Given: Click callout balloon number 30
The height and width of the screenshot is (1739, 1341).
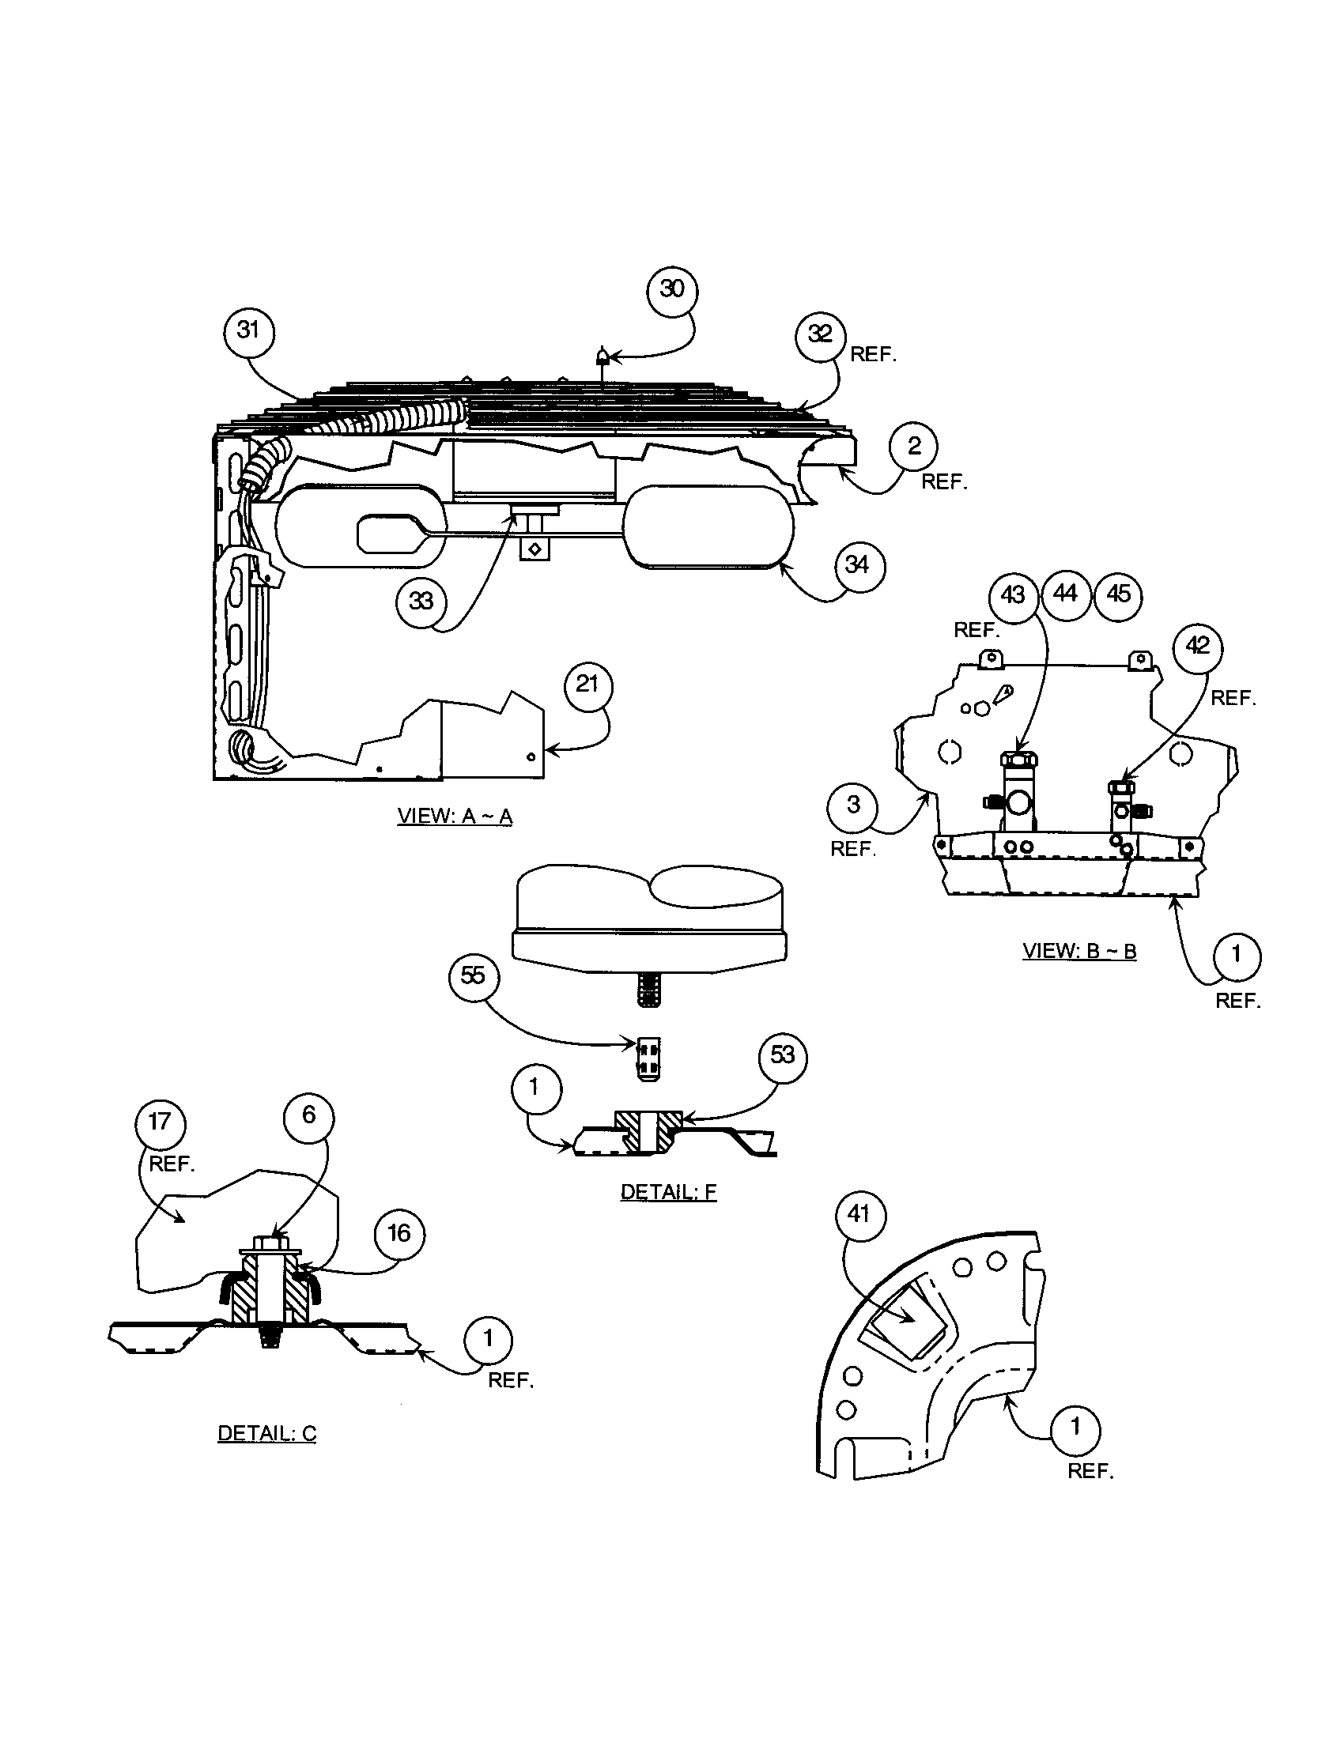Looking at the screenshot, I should (x=672, y=290).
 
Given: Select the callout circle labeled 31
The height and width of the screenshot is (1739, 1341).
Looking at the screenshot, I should (x=248, y=330).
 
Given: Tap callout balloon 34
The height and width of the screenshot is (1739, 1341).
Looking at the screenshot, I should (x=857, y=565).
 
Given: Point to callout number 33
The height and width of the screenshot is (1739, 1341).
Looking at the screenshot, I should (x=421, y=602).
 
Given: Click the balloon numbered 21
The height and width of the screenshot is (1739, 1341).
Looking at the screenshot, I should (x=587, y=684).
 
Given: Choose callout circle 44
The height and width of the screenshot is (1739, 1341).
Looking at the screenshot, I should (x=1066, y=594).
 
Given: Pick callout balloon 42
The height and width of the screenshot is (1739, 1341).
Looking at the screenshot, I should (x=1198, y=646).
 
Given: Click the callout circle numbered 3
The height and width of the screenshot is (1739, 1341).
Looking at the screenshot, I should (x=853, y=805).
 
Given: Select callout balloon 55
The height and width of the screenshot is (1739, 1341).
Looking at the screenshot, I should (x=473, y=975).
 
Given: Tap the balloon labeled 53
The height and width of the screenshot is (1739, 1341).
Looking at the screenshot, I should (x=783, y=1055).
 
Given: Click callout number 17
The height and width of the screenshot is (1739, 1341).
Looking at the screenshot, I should (x=160, y=1122).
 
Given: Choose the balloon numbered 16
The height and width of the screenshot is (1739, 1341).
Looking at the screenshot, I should (x=399, y=1233).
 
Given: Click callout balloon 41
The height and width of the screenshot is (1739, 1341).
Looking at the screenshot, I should (x=858, y=1214).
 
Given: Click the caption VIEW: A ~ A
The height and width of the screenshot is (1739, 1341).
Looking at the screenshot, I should (x=455, y=817).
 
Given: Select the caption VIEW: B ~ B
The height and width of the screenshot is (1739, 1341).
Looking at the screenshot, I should (x=1079, y=951).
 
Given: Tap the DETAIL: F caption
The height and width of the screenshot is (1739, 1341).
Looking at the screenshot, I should (x=668, y=1192).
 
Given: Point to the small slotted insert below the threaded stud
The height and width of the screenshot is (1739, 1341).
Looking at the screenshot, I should (x=648, y=1058).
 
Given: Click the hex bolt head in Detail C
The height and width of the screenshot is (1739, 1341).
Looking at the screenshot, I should (x=269, y=1242).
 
